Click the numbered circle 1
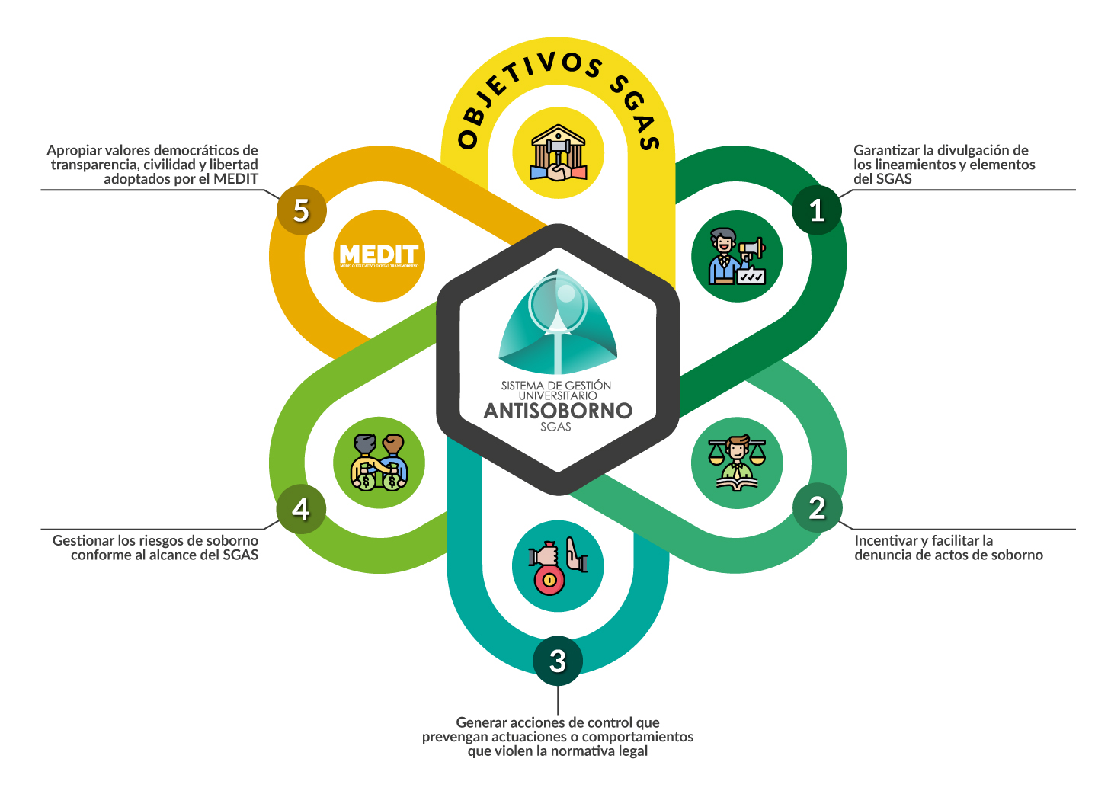coord(817,210)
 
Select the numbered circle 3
coord(558,661)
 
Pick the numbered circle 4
coord(301,509)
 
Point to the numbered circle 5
coord(301,210)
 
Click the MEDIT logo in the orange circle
coord(379,255)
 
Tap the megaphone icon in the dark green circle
coord(737,256)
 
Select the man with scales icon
coord(737,463)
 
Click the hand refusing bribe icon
coord(558,566)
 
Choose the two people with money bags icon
coord(379,463)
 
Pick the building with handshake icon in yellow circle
coord(558,153)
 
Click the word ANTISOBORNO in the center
coord(558,411)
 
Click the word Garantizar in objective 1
coord(885,151)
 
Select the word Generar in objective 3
coord(481,722)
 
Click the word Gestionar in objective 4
coord(83,541)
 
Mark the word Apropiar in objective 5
coord(74,151)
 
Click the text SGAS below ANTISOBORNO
coord(555,427)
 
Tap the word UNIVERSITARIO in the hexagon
coord(558,396)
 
